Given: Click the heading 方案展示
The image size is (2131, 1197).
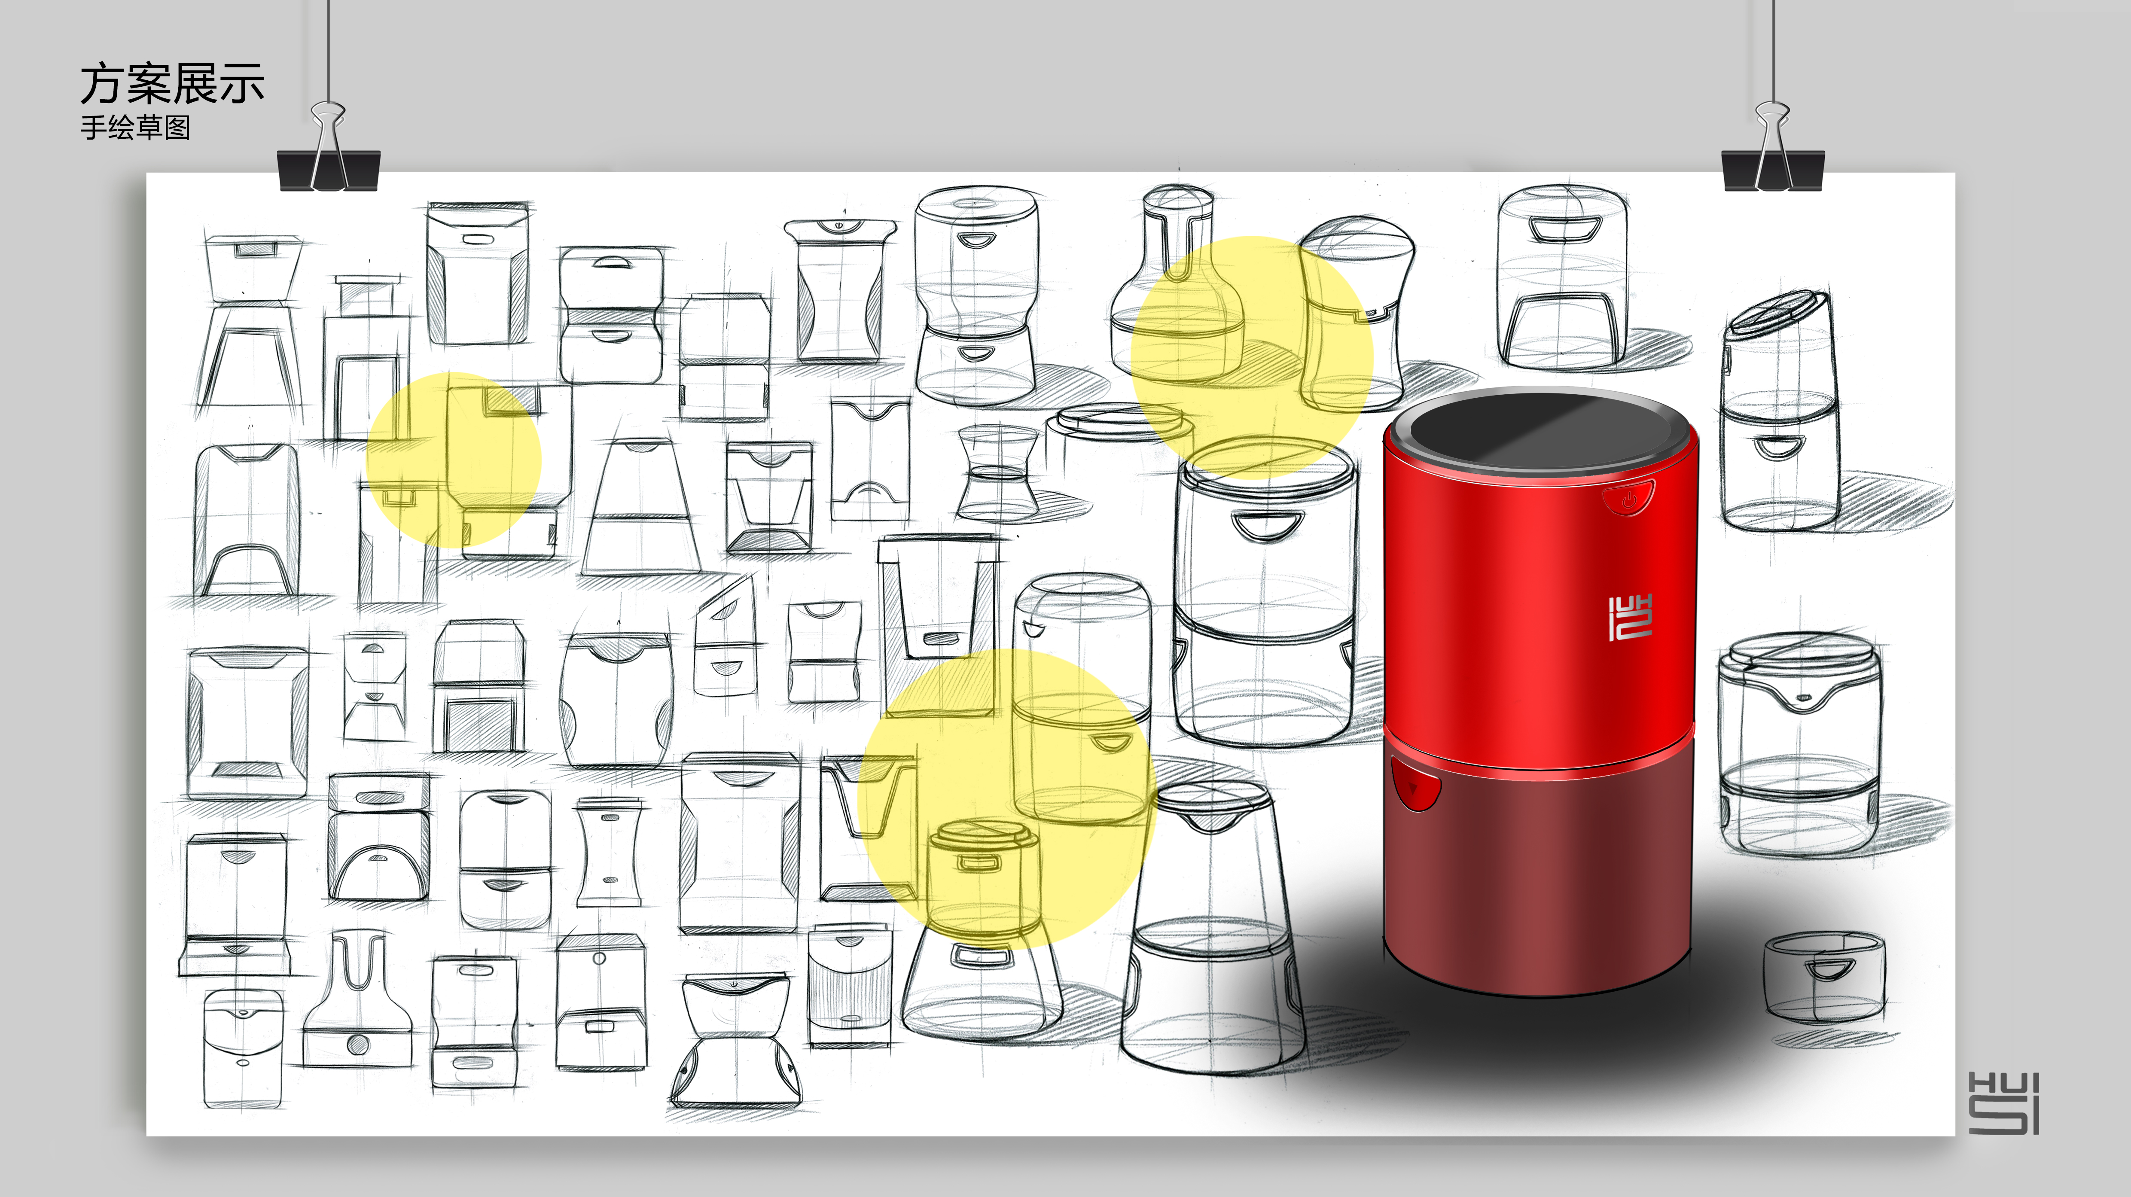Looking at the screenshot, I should click(x=172, y=84).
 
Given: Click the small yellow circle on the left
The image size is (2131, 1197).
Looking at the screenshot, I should click(x=453, y=460).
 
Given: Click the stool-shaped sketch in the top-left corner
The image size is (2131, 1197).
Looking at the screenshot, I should click(x=251, y=323).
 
